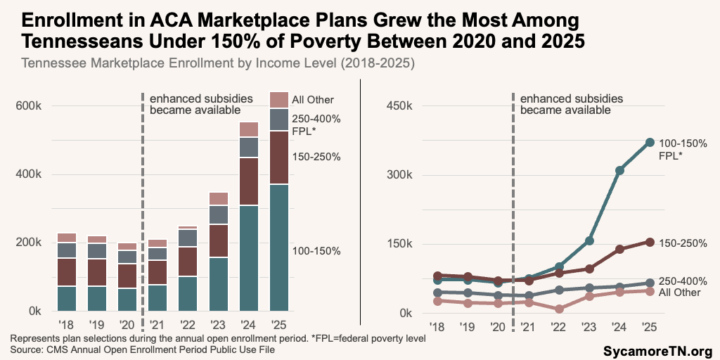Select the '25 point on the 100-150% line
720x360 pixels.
(650, 143)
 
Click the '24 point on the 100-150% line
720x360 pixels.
(619, 170)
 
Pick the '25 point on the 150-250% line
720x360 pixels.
(650, 242)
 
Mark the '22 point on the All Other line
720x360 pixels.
(559, 309)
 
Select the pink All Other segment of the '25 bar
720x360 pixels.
(280, 100)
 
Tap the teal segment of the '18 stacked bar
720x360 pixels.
(67, 298)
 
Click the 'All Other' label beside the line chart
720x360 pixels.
(680, 292)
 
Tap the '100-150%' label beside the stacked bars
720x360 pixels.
(316, 251)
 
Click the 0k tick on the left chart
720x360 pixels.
(34, 311)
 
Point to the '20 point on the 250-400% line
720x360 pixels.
(498, 295)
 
